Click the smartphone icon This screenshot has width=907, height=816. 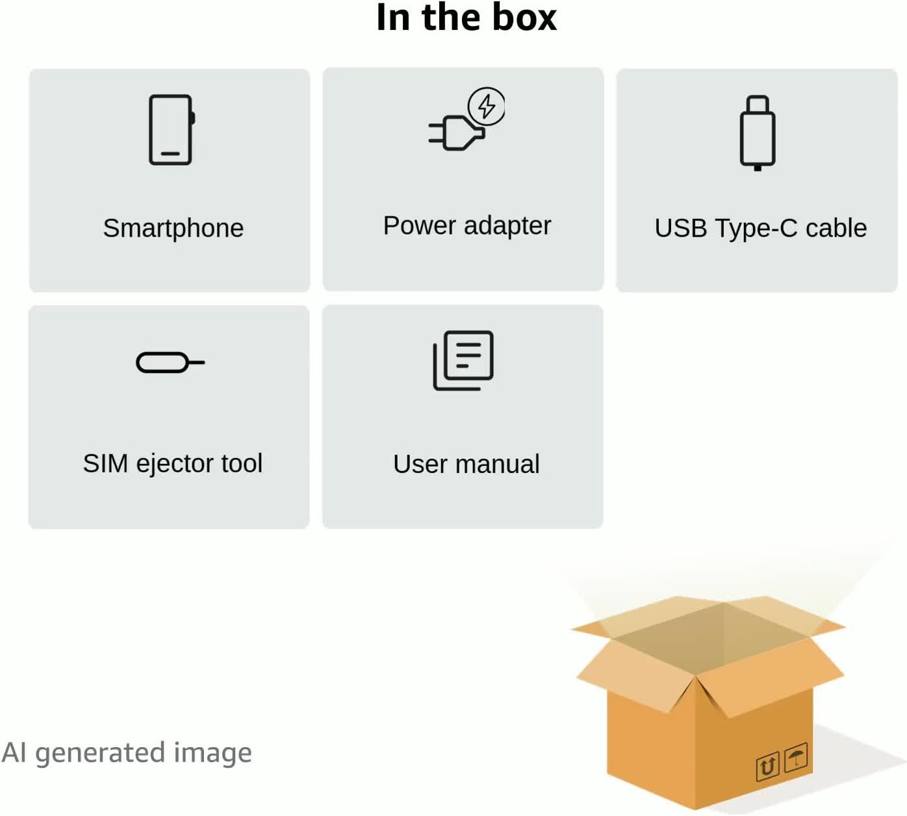pos(172,130)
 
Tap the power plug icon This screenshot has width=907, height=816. pos(457,133)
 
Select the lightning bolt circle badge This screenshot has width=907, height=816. pos(487,107)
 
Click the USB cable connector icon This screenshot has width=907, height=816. pos(758,133)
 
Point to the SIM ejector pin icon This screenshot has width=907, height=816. pos(170,363)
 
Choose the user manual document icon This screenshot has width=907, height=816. pos(463,361)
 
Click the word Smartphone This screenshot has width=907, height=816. pos(173,228)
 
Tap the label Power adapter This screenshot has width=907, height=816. pos(467,225)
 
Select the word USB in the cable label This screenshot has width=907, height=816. pos(681,228)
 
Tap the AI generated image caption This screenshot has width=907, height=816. pos(127,753)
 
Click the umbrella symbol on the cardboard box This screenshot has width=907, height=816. pos(797,756)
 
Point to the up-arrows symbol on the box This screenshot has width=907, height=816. pos(768,766)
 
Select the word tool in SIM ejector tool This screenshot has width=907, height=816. pos(242,463)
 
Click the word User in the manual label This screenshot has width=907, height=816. pos(420,464)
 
